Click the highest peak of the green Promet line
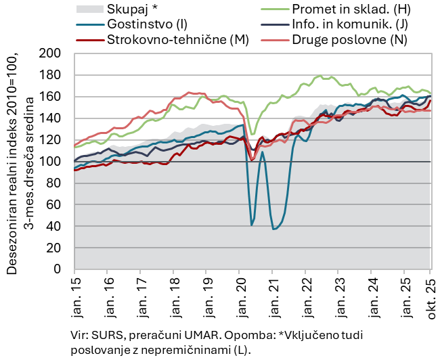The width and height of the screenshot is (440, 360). tap(319, 76)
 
